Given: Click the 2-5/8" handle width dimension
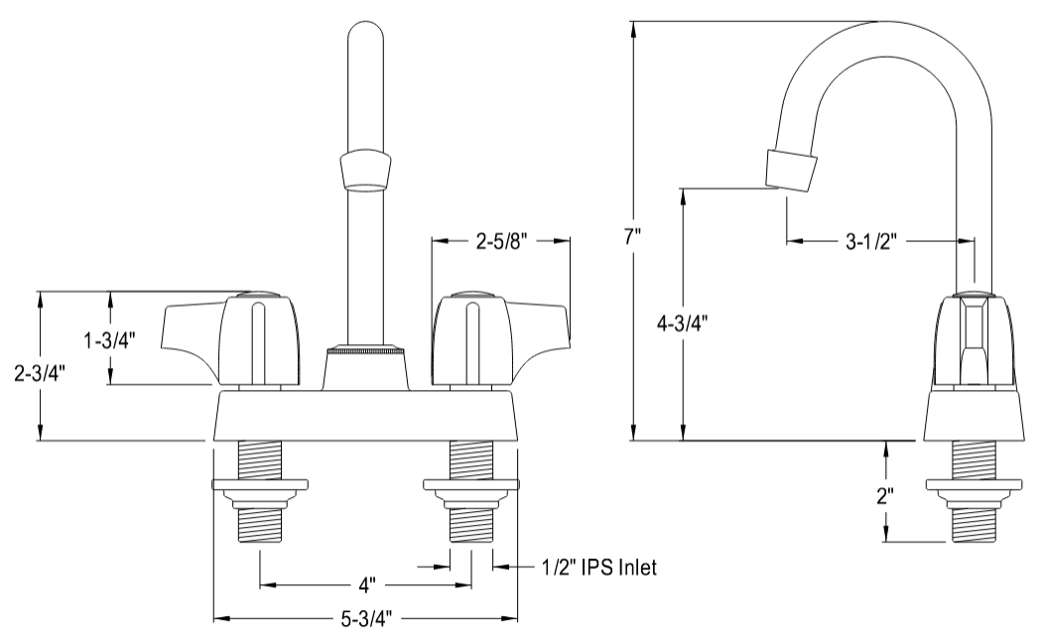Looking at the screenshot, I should pyautogui.click(x=500, y=240).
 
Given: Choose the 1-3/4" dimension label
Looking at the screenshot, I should pyautogui.click(x=110, y=339).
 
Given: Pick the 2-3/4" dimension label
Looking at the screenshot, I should pyautogui.click(x=39, y=373).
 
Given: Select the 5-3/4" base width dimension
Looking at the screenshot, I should pyautogui.click(x=366, y=619).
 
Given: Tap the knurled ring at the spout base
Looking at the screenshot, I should pyautogui.click(x=365, y=349).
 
